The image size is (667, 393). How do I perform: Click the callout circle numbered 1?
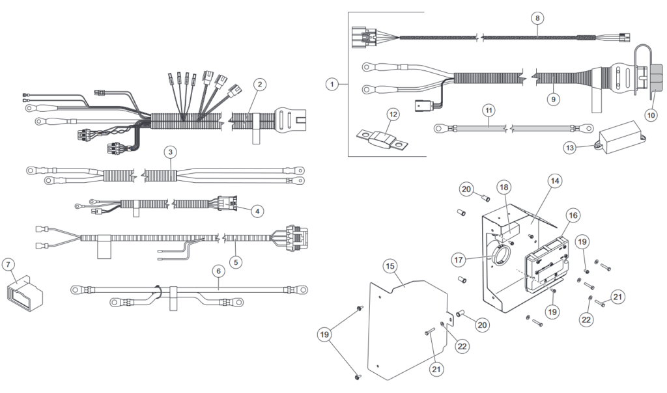click(x=333, y=83)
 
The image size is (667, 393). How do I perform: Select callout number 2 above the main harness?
click(x=259, y=84)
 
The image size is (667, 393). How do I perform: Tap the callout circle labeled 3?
click(x=170, y=152)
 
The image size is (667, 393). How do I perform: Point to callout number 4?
click(x=259, y=211)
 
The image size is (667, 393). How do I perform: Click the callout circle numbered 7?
click(x=8, y=265)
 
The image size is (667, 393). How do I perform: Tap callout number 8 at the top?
click(x=536, y=18)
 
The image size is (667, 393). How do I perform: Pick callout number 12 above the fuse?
click(x=392, y=114)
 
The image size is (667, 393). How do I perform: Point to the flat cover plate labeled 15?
click(x=404, y=325)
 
